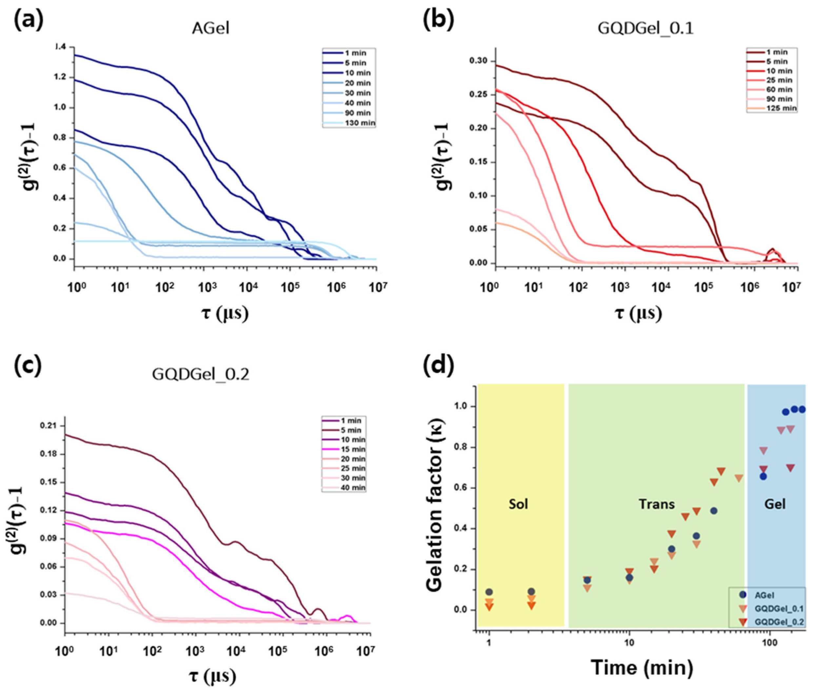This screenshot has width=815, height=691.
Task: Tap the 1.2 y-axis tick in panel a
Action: [62, 77]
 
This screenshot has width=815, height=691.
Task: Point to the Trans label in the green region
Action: [657, 504]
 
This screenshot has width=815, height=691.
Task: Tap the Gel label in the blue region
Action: [775, 504]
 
